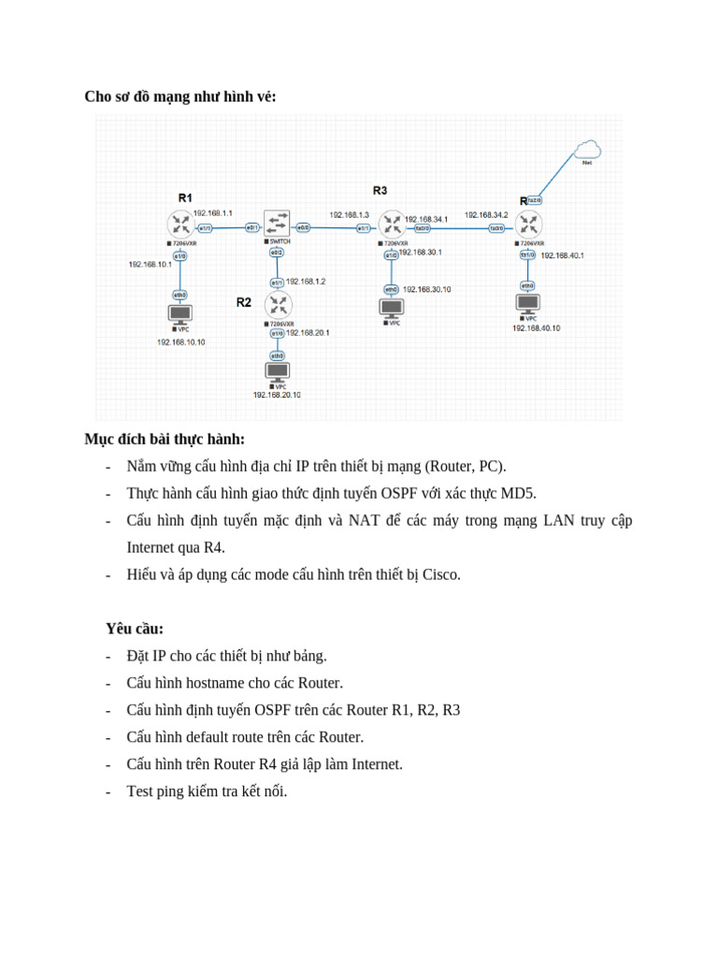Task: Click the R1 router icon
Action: [180, 224]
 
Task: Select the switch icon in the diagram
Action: [277, 224]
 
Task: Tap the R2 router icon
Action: [278, 304]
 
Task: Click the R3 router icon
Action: [393, 225]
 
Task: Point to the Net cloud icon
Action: [587, 150]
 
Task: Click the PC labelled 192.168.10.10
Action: [179, 314]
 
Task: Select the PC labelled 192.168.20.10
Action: [277, 371]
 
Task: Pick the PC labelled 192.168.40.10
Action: [527, 303]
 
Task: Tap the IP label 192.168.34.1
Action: [425, 219]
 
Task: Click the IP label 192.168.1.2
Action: [306, 281]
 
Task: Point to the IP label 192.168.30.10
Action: [426, 289]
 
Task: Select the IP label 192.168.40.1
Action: [562, 255]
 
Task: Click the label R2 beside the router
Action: [244, 302]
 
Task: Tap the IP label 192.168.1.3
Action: [349, 214]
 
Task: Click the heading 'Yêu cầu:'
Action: [135, 629]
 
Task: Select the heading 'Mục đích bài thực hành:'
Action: [165, 439]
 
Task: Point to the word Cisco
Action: [441, 574]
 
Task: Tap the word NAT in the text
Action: [364, 520]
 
